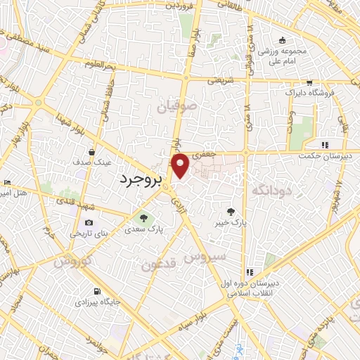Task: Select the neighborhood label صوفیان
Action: coord(174,108)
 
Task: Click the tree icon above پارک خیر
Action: coord(231,210)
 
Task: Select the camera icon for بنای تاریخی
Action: coord(89,223)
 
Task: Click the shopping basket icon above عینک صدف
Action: coord(91,151)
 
